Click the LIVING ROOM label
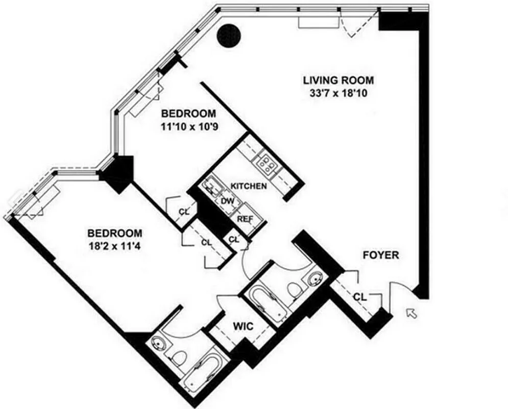click(x=338, y=80)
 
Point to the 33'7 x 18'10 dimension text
click(x=338, y=93)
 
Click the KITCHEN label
click(x=249, y=186)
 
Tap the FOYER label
click(x=380, y=255)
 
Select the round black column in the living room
click(x=228, y=36)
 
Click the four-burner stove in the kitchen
click(x=267, y=163)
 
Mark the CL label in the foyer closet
click(x=360, y=297)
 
